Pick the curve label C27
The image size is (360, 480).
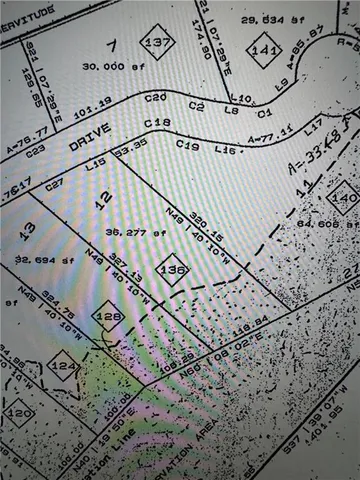pyautogui.click(x=54, y=184)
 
